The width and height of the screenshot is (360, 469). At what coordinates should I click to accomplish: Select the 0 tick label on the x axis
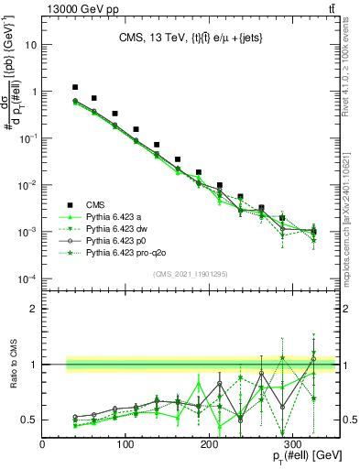(x=43, y=445)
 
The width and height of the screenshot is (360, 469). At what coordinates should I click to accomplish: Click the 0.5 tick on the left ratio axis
(x=31, y=420)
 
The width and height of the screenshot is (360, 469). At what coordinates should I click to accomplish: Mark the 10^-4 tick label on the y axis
(x=28, y=278)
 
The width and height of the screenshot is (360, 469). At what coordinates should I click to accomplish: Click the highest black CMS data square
(x=76, y=87)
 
